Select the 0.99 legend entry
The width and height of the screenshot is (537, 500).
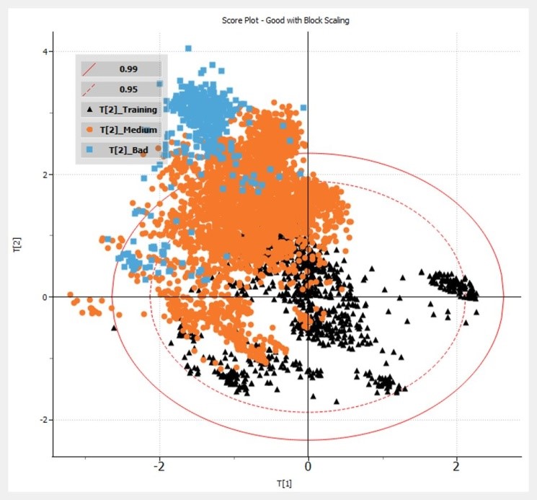point(130,69)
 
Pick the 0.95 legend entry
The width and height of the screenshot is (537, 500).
point(130,89)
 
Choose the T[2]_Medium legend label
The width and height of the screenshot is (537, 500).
point(130,130)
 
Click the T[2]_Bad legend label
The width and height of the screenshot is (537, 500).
point(130,150)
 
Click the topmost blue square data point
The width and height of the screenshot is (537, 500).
point(188,48)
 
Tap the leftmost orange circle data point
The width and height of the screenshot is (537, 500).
point(70,294)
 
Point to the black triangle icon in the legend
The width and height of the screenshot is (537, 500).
point(88,110)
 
